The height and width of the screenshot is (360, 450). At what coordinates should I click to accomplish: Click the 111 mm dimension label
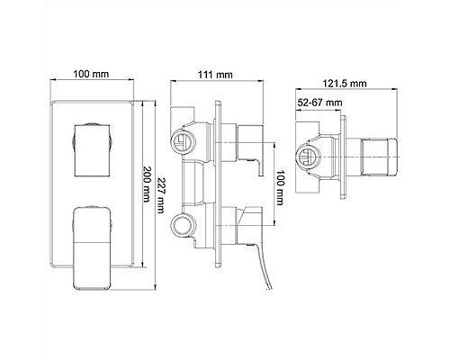click(x=215, y=75)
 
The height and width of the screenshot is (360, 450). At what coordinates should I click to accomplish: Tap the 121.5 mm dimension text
click(x=345, y=83)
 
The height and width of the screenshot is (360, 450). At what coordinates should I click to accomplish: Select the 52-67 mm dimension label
click(x=319, y=103)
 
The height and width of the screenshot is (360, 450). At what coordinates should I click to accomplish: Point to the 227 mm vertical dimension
click(x=161, y=195)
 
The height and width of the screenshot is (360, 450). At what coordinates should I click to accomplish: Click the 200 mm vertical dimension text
click(x=147, y=184)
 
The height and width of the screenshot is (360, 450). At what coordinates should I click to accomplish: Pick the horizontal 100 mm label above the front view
click(x=91, y=74)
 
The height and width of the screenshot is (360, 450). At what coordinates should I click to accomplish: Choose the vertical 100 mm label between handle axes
click(x=280, y=188)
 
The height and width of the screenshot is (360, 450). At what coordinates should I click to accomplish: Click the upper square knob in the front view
click(x=92, y=150)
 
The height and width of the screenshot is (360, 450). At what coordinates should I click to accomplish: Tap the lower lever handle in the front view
click(x=92, y=248)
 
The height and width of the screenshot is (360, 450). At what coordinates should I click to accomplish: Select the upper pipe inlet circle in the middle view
click(x=183, y=140)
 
